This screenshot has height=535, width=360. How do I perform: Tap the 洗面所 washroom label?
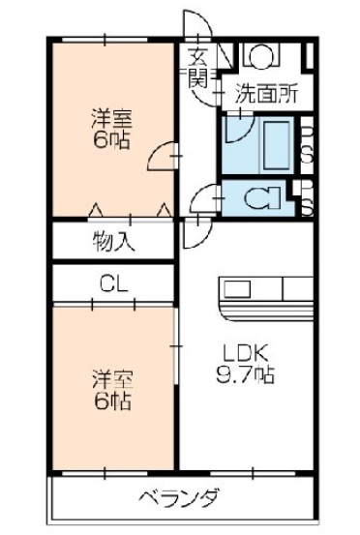point(266,96)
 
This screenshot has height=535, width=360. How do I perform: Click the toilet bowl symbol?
point(256,198)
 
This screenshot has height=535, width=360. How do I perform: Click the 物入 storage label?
point(113,241)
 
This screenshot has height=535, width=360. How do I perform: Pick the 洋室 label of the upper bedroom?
point(113,119)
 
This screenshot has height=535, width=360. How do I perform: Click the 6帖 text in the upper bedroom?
point(113,139)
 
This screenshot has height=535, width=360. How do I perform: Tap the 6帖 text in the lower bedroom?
point(113,400)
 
